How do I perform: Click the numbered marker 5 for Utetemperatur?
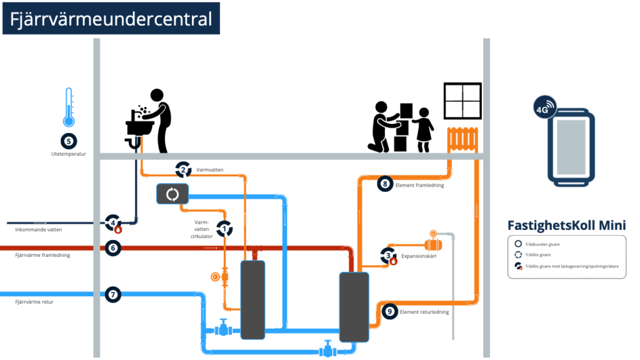[x=69, y=141]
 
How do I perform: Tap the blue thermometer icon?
[x=69, y=107]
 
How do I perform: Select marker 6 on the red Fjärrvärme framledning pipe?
[x=113, y=247]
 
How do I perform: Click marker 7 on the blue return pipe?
[x=113, y=294]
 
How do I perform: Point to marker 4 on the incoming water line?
[x=113, y=222]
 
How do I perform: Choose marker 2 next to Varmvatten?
[x=183, y=169]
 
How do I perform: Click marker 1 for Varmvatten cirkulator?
[x=224, y=229]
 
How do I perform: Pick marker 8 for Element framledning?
[x=386, y=184]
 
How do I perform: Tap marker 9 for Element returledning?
[x=389, y=311]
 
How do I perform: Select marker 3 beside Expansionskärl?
[x=389, y=255]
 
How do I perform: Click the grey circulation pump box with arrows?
[x=172, y=194]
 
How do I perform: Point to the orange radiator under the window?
[x=462, y=139]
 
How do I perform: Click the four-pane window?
[x=462, y=101]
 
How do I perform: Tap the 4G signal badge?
[x=545, y=107]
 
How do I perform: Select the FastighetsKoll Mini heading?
[x=567, y=225]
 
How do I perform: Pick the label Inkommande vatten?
[x=39, y=230]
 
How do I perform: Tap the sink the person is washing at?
[x=140, y=126]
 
